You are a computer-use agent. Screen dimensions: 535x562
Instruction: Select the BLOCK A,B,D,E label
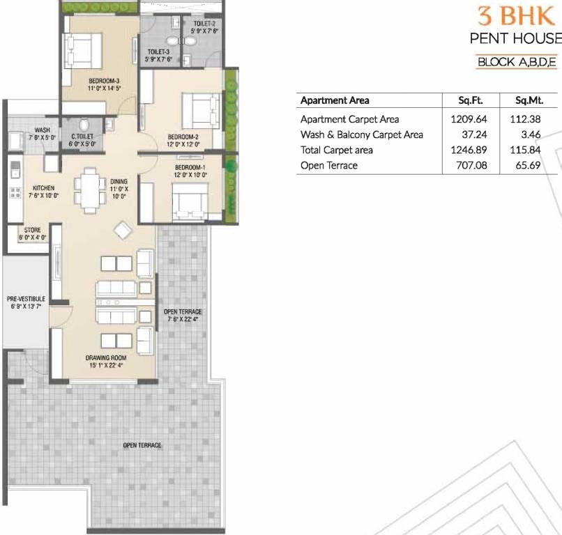tap(516, 62)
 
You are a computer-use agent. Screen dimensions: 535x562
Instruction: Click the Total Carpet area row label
tap(336, 150)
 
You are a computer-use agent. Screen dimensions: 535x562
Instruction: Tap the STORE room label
tap(33, 230)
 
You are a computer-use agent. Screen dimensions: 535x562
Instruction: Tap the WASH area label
tap(42, 130)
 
